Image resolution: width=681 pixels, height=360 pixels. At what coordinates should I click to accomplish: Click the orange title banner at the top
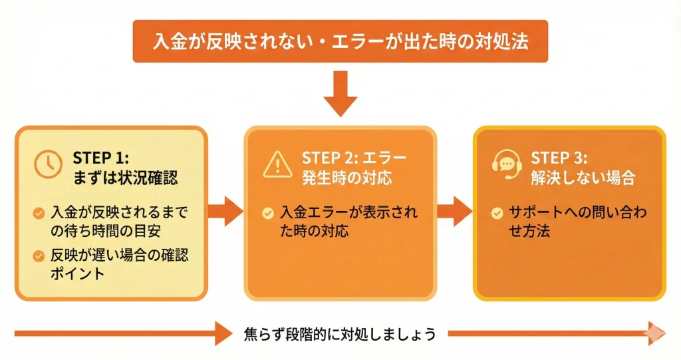tap(340, 41)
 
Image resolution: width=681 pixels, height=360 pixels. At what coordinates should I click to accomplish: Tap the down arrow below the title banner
tap(340, 100)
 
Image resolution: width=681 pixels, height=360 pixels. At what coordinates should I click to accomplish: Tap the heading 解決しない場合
tap(583, 178)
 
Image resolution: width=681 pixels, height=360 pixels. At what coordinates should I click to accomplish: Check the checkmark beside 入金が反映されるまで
tap(39, 214)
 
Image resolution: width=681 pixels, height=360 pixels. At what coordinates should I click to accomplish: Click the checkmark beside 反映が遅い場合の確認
tap(39, 255)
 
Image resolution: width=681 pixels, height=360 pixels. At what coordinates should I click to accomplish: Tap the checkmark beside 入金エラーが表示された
tap(267, 214)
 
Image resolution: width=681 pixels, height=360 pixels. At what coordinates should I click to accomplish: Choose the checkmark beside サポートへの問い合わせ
tap(497, 214)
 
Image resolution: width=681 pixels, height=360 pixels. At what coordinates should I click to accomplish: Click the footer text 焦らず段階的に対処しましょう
tap(340, 333)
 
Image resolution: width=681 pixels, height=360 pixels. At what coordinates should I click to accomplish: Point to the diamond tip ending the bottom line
tap(656, 333)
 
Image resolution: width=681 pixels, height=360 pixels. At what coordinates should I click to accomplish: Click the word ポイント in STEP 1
tap(77, 273)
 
